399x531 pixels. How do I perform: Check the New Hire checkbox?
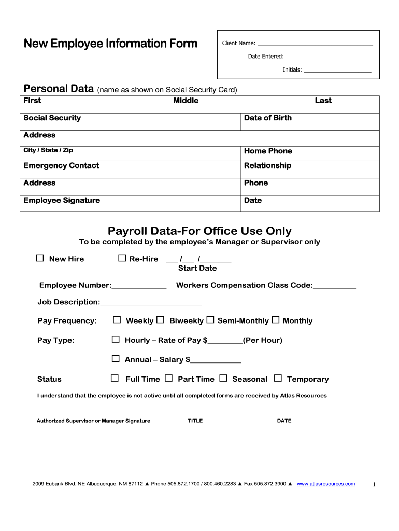click(40, 258)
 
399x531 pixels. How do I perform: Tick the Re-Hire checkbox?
click(122, 258)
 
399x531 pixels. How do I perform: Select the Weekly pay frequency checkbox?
click(117, 320)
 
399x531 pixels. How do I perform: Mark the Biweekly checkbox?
click(161, 320)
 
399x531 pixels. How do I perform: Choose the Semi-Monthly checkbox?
click(210, 320)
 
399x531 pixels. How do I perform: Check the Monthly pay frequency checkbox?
click(275, 320)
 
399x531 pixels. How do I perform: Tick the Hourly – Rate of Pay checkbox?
click(116, 340)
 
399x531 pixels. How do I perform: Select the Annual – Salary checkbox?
click(116, 359)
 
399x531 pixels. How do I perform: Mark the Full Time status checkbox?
click(115, 379)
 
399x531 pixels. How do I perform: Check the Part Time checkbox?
click(169, 379)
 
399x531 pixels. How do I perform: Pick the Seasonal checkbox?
click(223, 379)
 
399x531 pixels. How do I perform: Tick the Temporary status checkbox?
click(278, 379)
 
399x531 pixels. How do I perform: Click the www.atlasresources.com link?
click(326, 484)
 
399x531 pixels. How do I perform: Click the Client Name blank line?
click(315, 44)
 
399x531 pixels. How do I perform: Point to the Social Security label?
click(52, 118)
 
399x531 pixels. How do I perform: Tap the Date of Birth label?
click(268, 118)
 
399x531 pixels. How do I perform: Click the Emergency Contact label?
click(61, 165)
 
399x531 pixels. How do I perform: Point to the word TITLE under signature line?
click(195, 421)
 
